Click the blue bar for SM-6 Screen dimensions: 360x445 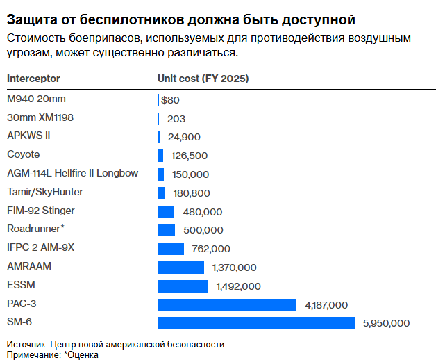coord(255,322)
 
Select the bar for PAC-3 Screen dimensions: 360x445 coord(227,304)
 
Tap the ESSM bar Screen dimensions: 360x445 coord(183,286)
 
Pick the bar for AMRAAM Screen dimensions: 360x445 coord(180,267)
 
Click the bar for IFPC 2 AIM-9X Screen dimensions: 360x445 coord(171,248)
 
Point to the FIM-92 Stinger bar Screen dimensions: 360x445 coord(166,211)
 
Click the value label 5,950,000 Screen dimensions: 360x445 coord(387,323)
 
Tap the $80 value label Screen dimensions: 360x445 coord(171,99)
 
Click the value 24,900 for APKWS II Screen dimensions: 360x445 coord(184,137)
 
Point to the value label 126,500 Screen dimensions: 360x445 coord(190,156)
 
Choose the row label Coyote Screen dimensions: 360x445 coord(23,154)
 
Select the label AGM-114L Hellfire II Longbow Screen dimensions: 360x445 coord(72,173)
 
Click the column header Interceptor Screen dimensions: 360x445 coord(33,79)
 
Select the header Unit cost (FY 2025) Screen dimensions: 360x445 coord(203,79)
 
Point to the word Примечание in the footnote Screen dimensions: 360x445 coord(33,354)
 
